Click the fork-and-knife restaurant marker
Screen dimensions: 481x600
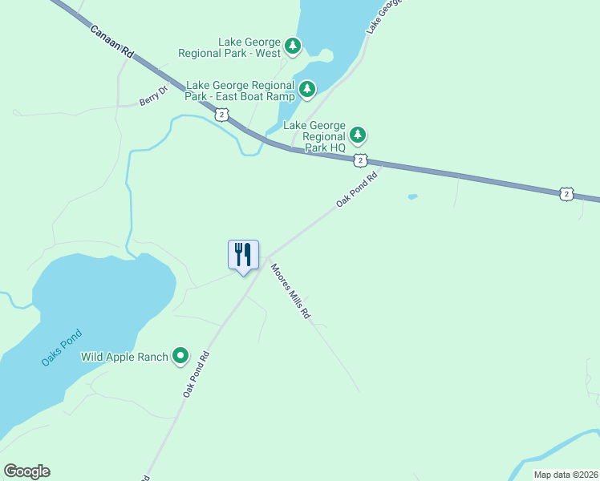coord(243,255)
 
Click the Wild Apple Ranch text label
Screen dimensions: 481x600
coord(124,356)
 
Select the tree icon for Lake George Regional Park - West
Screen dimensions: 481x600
coord(294,46)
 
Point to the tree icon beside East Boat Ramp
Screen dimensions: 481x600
coord(306,88)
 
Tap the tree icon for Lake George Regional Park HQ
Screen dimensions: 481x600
coord(358,133)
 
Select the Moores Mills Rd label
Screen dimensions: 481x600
coord(290,292)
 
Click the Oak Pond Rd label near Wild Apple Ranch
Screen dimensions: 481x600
coord(195,374)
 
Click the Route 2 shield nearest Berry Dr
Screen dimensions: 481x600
coord(221,115)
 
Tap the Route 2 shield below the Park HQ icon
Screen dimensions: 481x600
coord(361,160)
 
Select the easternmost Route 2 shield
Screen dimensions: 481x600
coord(567,193)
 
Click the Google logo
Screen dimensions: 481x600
coord(26,471)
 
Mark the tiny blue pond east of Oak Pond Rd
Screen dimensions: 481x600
coord(412,196)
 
